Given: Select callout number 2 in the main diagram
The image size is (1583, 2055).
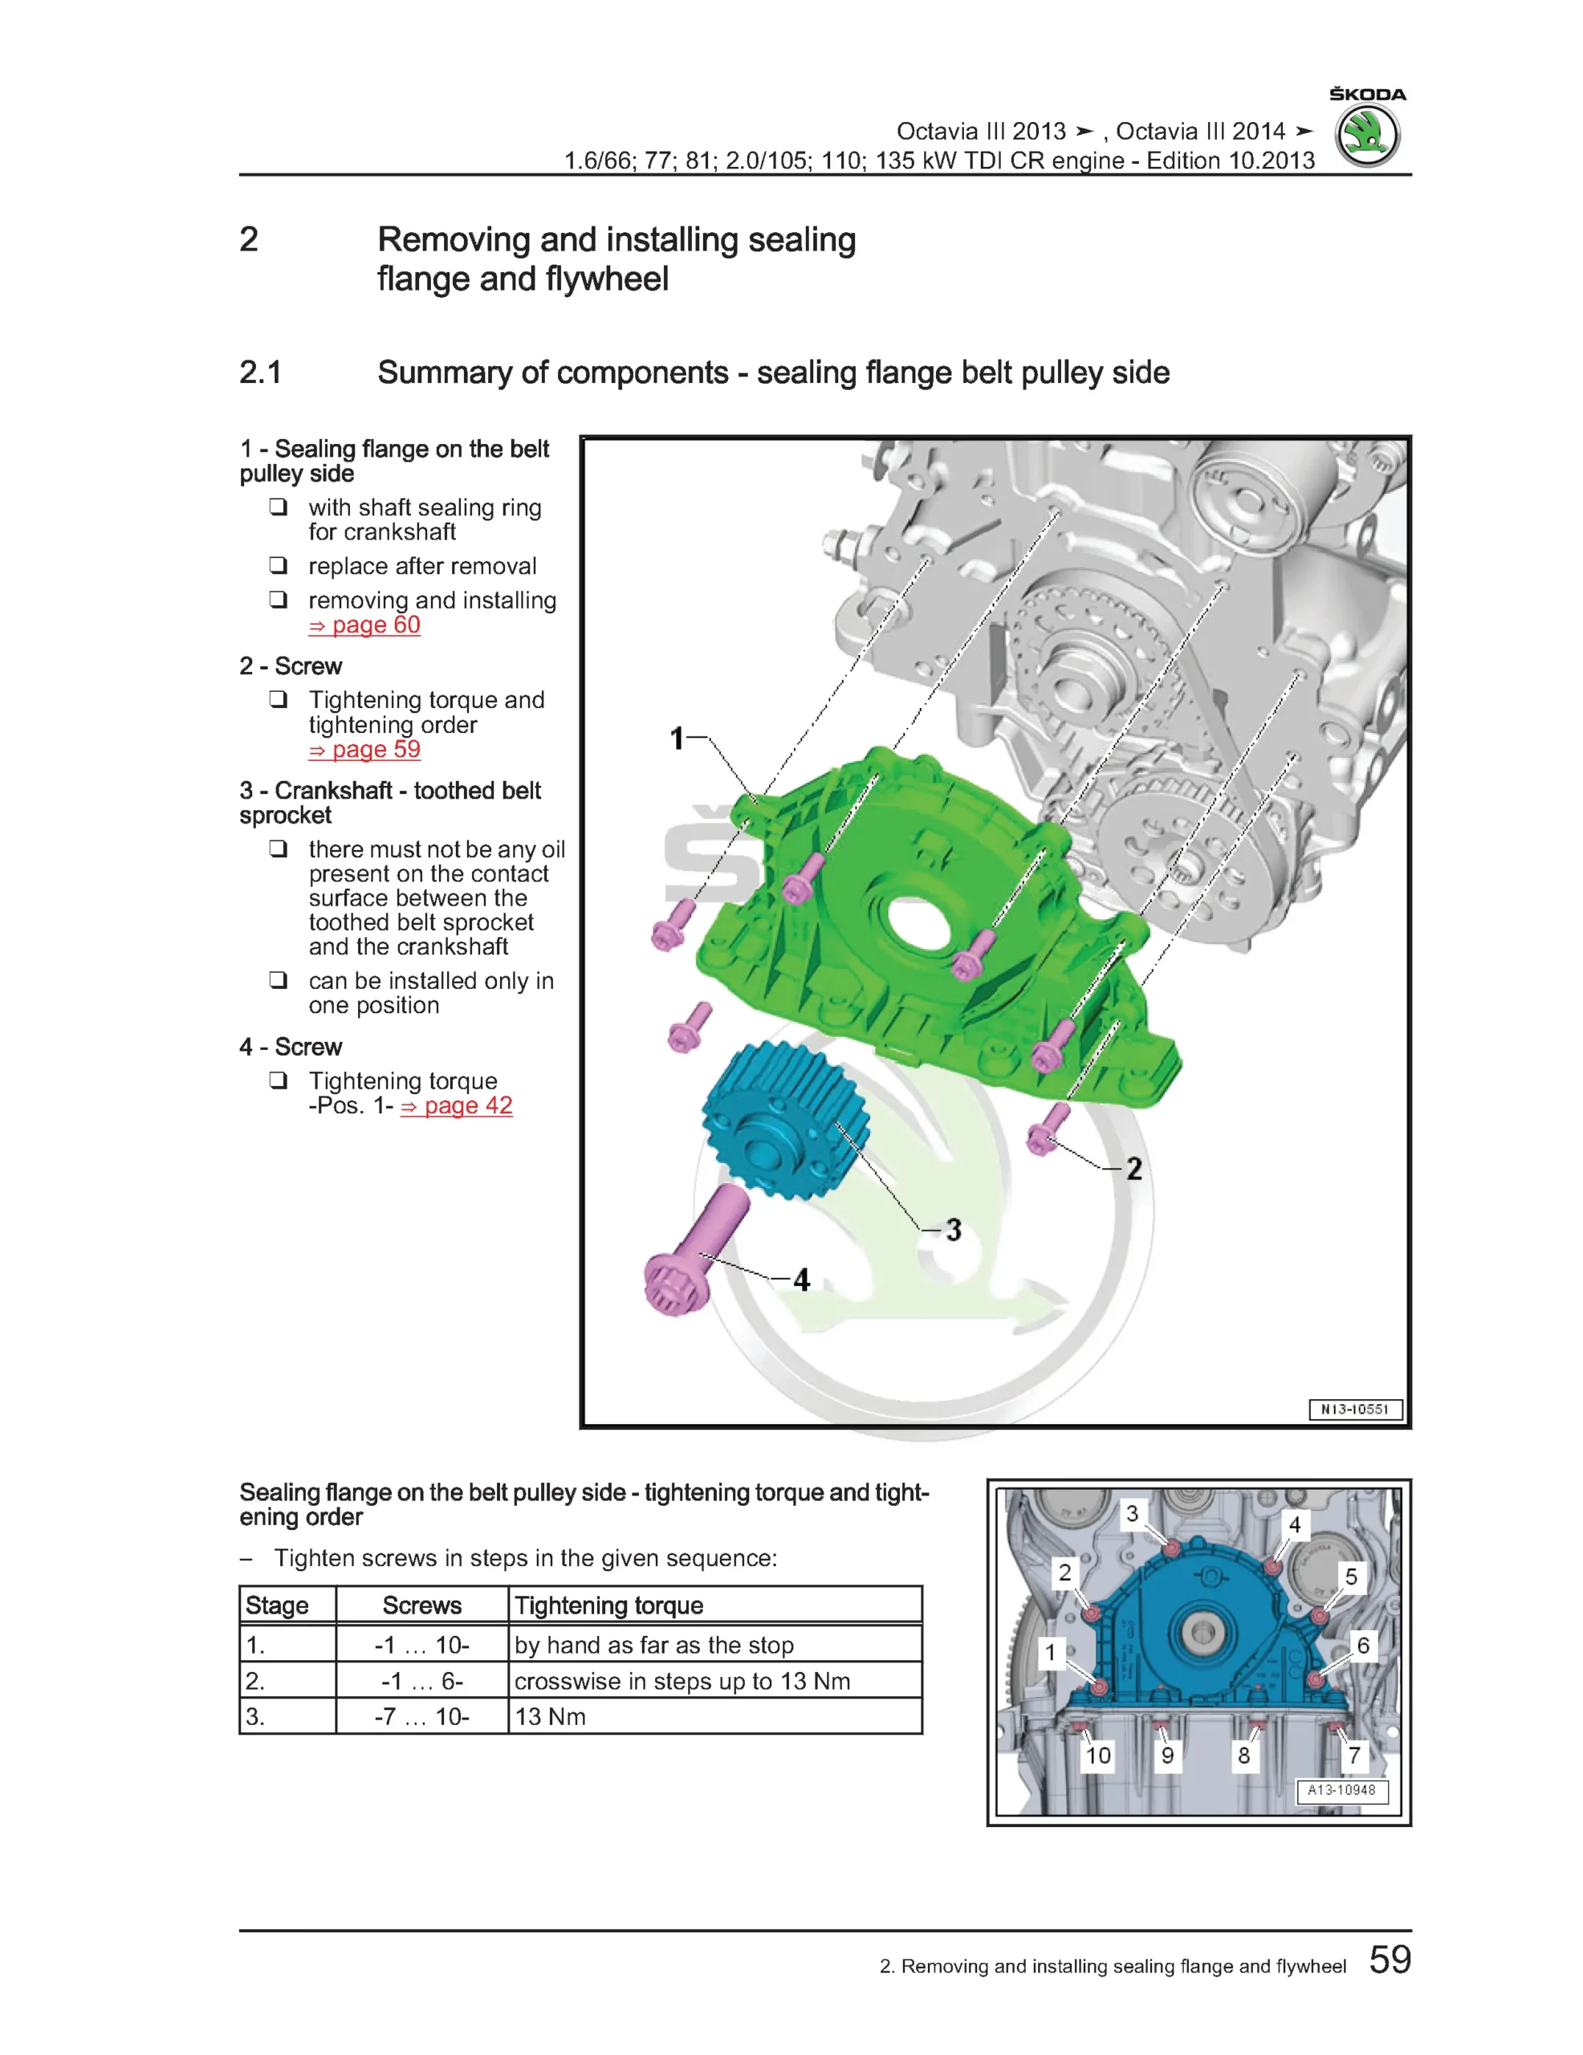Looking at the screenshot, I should point(1134,1169).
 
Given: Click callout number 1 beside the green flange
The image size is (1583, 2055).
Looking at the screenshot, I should point(677,739).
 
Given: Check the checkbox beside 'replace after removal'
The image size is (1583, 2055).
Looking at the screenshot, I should point(278,565).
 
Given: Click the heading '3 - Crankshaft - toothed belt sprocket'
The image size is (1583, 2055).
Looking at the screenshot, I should point(389,803).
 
